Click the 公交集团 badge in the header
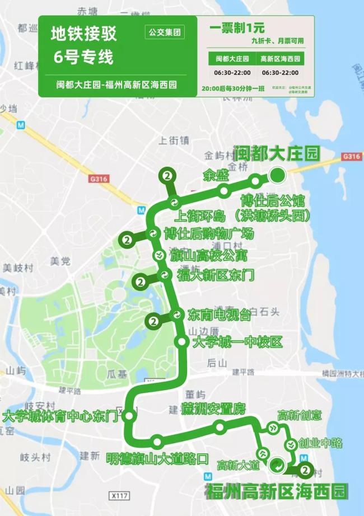click(x=165, y=32)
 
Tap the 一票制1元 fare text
click(x=237, y=27)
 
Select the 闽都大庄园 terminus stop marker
click(x=277, y=176)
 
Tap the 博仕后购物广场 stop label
click(x=209, y=233)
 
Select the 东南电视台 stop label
click(x=219, y=315)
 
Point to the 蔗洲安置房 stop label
click(x=213, y=410)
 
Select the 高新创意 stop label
click(x=300, y=415)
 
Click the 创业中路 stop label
click(x=320, y=443)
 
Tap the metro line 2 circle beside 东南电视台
click(x=153, y=321)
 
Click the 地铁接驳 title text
click(x=84, y=34)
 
